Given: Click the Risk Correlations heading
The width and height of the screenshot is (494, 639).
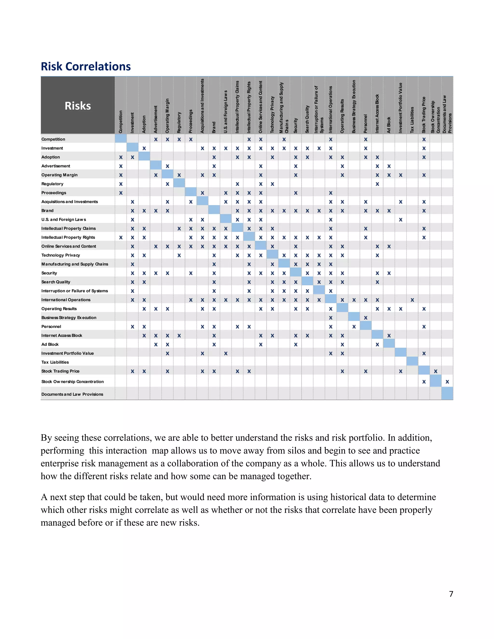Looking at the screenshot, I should pyautogui.click(x=85, y=66).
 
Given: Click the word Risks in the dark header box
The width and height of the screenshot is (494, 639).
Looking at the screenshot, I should pyautogui.click(x=78, y=106).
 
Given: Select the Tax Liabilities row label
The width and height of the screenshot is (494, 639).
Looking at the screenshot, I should pyautogui.click(x=55, y=362).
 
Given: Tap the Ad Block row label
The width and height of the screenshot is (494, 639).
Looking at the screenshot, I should pyautogui.click(x=50, y=344).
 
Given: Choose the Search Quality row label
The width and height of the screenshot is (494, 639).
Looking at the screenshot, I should pyautogui.click(x=56, y=282).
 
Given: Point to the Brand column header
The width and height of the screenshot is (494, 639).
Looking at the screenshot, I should pyautogui.click(x=214, y=128).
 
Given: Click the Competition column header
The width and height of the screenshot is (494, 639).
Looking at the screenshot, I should pyautogui.click(x=121, y=122).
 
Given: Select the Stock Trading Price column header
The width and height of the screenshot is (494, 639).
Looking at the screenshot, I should pyautogui.click(x=424, y=115).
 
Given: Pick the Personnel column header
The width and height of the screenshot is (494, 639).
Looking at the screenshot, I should pyautogui.click(x=365, y=124).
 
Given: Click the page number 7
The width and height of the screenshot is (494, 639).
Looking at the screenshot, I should pyautogui.click(x=451, y=594).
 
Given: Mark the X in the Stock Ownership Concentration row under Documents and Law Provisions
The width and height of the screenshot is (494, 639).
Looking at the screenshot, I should pyautogui.click(x=447, y=382).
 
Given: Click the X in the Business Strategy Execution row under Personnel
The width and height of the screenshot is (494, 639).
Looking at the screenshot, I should pyautogui.click(x=365, y=318).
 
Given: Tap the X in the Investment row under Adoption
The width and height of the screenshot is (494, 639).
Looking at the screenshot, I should pyautogui.click(x=144, y=148).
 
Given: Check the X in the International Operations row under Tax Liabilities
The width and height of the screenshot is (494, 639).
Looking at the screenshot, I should pyautogui.click(x=412, y=300).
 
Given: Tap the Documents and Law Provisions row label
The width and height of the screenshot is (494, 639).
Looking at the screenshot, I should pyautogui.click(x=72, y=394).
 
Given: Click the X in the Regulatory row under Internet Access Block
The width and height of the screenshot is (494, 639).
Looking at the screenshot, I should pyautogui.click(x=377, y=184).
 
